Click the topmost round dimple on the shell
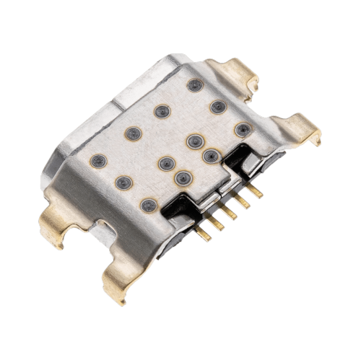coord(193,85)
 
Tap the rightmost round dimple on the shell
coord(243,129)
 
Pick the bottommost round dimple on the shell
coord(148,205)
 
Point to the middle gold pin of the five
coord(230,211)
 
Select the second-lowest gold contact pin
coord(217,223)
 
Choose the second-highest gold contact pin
coord(243,201)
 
